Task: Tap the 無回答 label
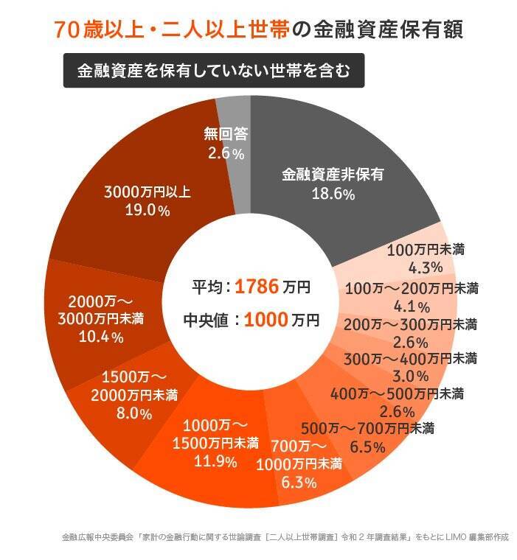pos(225,134)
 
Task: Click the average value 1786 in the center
pos(257,287)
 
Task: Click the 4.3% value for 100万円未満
pos(425,267)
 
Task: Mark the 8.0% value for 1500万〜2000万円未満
pos(134,413)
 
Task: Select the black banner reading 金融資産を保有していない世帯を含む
pos(213,71)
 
